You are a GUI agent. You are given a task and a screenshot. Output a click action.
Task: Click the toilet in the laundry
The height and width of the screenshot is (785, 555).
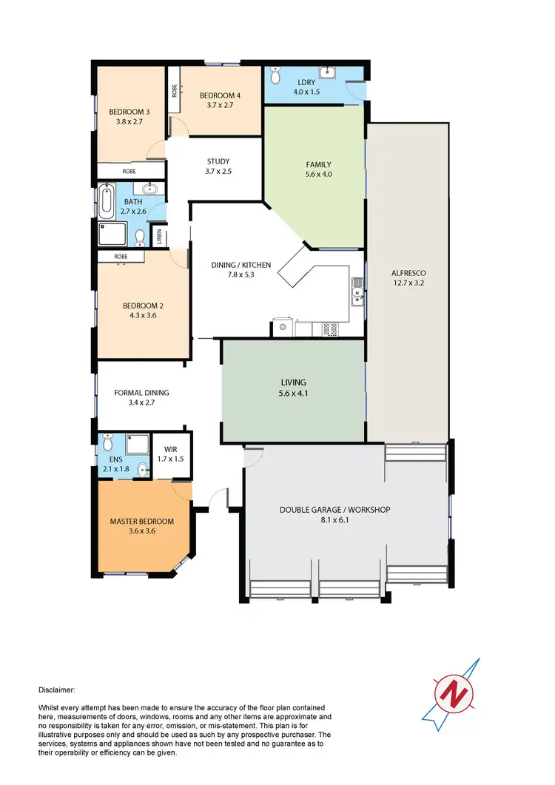(275, 75)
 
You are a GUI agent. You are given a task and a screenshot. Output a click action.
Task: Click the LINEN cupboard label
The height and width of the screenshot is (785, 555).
(158, 237)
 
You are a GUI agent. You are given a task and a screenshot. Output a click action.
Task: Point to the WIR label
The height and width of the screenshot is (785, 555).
(170, 449)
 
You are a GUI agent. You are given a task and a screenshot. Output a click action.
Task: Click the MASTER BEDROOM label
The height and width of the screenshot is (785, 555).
(142, 521)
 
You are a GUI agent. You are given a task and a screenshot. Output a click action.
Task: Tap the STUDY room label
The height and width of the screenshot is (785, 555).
(218, 161)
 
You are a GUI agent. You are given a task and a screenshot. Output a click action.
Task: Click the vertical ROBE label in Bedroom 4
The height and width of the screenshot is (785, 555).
(174, 91)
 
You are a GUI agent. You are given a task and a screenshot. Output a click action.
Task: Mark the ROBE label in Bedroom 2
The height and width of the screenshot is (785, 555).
(120, 257)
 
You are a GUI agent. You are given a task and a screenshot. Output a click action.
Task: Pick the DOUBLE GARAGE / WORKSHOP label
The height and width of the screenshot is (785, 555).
(334, 510)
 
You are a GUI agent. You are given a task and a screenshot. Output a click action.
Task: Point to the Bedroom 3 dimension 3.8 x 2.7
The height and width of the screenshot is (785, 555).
(130, 123)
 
